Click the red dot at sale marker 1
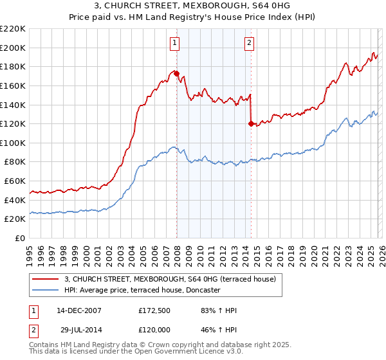tap(176, 73)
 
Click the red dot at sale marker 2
tap(251, 123)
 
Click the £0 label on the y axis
tap(21, 239)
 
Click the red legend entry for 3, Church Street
tap(170, 279)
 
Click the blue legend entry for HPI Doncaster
tap(142, 290)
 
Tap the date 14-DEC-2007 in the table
tap(78, 310)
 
